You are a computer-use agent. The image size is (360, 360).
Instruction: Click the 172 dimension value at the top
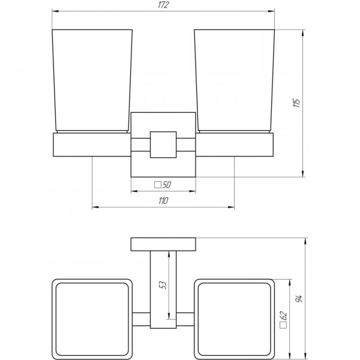[x=163, y=5]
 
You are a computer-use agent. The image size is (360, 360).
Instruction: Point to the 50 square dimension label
[x=167, y=185]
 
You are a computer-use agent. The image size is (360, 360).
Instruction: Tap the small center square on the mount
[x=163, y=144]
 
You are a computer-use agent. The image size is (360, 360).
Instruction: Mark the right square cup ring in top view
[x=235, y=314]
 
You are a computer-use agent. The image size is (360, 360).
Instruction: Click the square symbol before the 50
[x=158, y=185]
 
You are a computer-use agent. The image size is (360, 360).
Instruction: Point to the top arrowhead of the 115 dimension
[x=303, y=31]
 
